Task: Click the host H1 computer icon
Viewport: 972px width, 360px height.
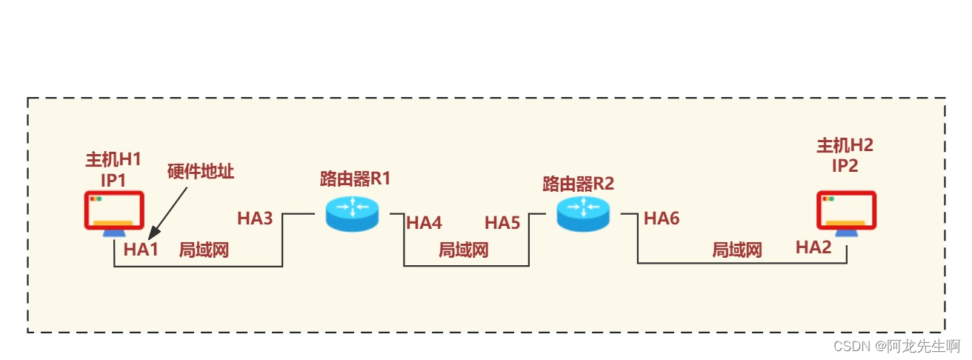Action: point(113,213)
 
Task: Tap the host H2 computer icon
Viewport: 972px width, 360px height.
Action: point(846,213)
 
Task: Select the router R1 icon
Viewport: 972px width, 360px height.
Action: point(352,213)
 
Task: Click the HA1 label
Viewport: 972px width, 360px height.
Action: point(142,250)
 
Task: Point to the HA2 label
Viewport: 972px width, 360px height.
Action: point(813,247)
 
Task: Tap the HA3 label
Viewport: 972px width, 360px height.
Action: point(255,219)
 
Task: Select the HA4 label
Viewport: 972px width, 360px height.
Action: point(424,222)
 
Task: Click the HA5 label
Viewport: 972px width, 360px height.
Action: point(502,222)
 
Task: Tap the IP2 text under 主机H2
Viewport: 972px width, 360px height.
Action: point(845,165)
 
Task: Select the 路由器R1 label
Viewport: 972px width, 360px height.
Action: point(355,179)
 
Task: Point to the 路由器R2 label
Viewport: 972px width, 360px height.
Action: point(579,183)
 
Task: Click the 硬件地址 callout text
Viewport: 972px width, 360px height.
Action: point(201,172)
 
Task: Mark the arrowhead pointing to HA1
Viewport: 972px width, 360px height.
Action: point(153,232)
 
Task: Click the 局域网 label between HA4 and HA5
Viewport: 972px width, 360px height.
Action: point(464,250)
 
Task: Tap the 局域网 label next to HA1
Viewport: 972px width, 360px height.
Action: point(204,250)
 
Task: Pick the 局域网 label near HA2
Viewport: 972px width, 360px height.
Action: point(737,250)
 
